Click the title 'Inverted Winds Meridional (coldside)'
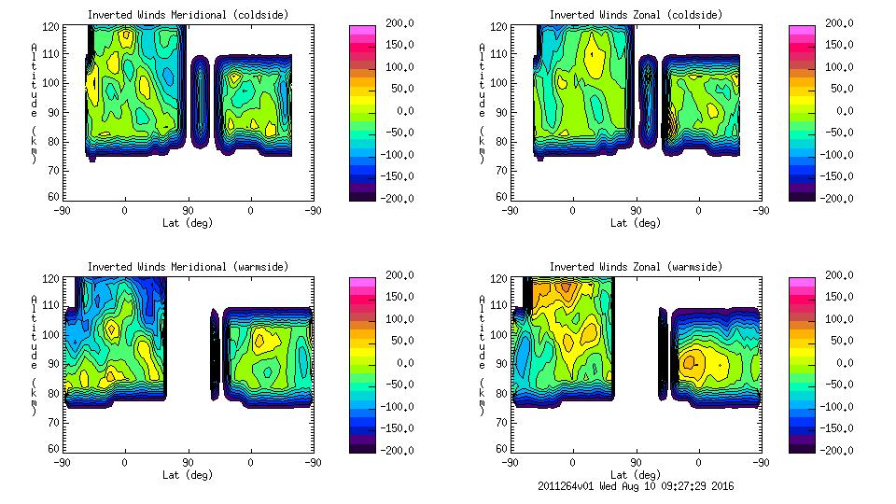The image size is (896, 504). (188, 15)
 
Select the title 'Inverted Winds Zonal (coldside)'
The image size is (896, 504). (636, 15)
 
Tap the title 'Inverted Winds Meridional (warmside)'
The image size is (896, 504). (188, 267)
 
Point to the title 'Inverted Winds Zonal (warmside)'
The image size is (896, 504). (636, 267)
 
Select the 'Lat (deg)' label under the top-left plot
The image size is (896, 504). (188, 223)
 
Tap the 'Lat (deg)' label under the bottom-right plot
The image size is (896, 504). (636, 475)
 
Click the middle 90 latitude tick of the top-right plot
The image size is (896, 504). (636, 211)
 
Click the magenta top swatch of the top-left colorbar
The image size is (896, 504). (361, 29)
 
